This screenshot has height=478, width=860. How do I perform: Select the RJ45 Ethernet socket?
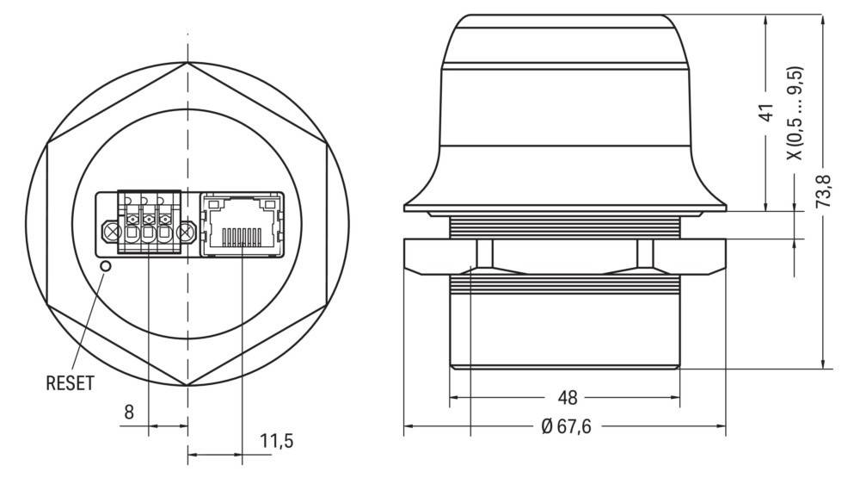pos(243,223)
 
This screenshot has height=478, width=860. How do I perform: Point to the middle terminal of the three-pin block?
pos(150,231)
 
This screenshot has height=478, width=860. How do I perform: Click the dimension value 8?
pos(128,413)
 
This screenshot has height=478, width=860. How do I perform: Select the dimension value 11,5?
pos(277,442)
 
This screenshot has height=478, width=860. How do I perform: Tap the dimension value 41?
pos(768,113)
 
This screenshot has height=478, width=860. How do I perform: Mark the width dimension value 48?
pos(568,397)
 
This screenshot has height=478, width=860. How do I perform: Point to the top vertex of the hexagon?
pos(187,63)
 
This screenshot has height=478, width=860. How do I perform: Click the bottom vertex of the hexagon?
pos(187,385)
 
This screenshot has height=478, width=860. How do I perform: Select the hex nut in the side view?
pos(564,256)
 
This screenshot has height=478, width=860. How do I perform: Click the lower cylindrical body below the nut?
pos(564,323)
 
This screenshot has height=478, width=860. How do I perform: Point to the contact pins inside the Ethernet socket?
pos(242,235)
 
